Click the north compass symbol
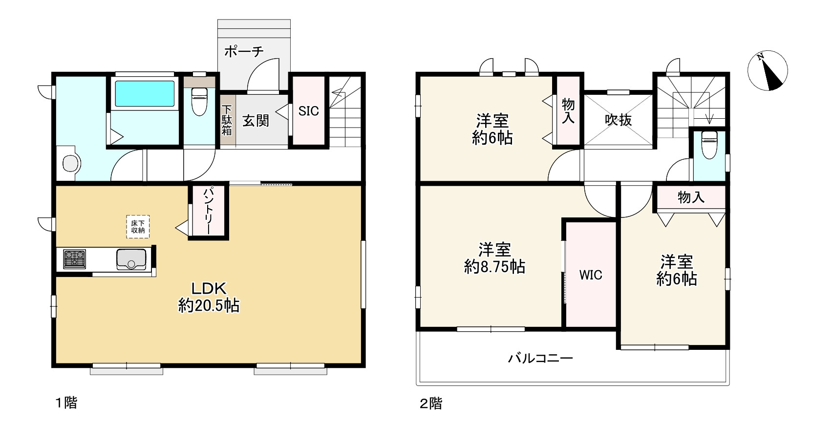768,71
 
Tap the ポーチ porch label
244,51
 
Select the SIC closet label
308,111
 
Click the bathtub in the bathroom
145,93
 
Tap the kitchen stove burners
74,258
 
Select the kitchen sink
131,259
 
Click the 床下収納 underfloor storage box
138,227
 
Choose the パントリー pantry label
208,211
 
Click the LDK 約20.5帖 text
209,297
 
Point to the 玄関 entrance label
256,120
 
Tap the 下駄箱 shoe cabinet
227,121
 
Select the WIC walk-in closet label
591,275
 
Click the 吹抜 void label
619,120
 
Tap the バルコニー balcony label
540,359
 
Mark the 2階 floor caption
431,404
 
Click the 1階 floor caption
65,403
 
